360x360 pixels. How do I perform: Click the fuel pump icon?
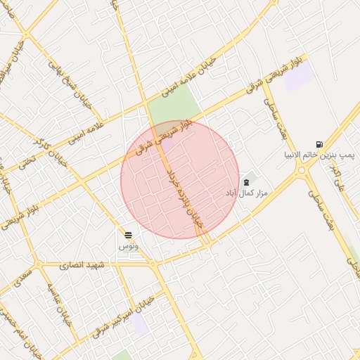(x=320, y=144)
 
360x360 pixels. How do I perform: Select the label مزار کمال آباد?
(x=243, y=192)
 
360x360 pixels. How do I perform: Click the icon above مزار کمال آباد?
(x=245, y=182)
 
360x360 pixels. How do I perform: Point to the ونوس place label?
(x=128, y=245)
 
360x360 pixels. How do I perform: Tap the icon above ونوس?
(x=128, y=235)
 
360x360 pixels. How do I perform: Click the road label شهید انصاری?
(x=82, y=265)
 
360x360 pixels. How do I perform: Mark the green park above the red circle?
(x=172, y=105)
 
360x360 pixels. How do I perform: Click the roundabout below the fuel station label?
(x=302, y=169)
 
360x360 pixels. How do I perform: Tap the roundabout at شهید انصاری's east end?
(x=153, y=264)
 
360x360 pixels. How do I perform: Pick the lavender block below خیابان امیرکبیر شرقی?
(x=140, y=325)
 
